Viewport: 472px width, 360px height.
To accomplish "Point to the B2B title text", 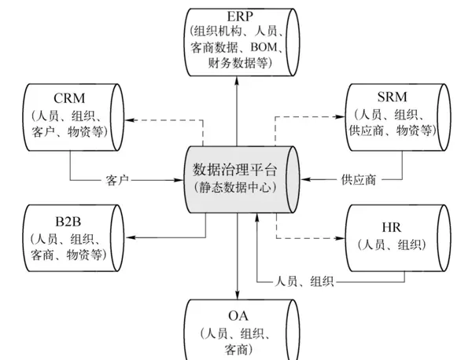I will pos(68,221).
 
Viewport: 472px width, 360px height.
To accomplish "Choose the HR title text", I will pos(391,228).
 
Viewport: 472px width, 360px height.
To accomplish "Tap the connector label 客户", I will pos(117,181).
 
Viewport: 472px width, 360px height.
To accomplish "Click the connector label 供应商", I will pos(358,179).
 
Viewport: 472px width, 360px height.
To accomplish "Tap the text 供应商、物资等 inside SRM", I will pos(391,130).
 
